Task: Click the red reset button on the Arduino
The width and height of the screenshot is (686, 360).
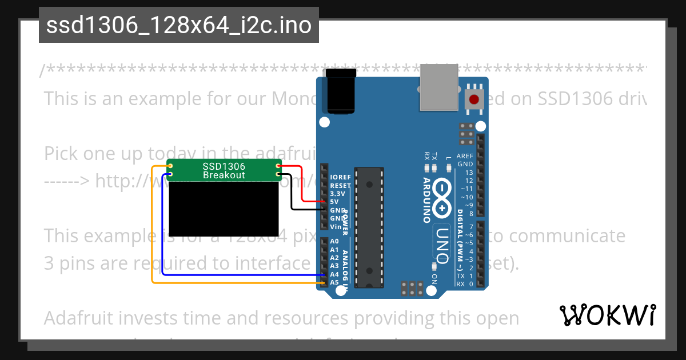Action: (474, 100)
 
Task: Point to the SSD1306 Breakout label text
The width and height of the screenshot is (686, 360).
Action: (224, 170)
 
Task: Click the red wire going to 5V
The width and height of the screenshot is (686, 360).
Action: (301, 183)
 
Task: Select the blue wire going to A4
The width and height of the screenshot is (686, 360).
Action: (229, 275)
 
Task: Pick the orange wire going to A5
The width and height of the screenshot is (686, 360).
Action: (229, 282)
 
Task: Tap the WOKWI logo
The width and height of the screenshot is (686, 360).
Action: (608, 315)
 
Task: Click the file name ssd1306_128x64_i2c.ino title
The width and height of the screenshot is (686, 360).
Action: (179, 25)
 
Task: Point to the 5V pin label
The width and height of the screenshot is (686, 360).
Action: (335, 202)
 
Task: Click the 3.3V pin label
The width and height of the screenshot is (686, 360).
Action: (338, 194)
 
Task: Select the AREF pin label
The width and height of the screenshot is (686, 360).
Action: (465, 156)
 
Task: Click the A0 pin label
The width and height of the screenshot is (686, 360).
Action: (334, 242)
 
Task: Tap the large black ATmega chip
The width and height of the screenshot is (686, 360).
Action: (368, 229)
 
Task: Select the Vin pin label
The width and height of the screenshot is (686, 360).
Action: (336, 226)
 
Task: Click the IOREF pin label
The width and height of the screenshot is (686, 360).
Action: (341, 178)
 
